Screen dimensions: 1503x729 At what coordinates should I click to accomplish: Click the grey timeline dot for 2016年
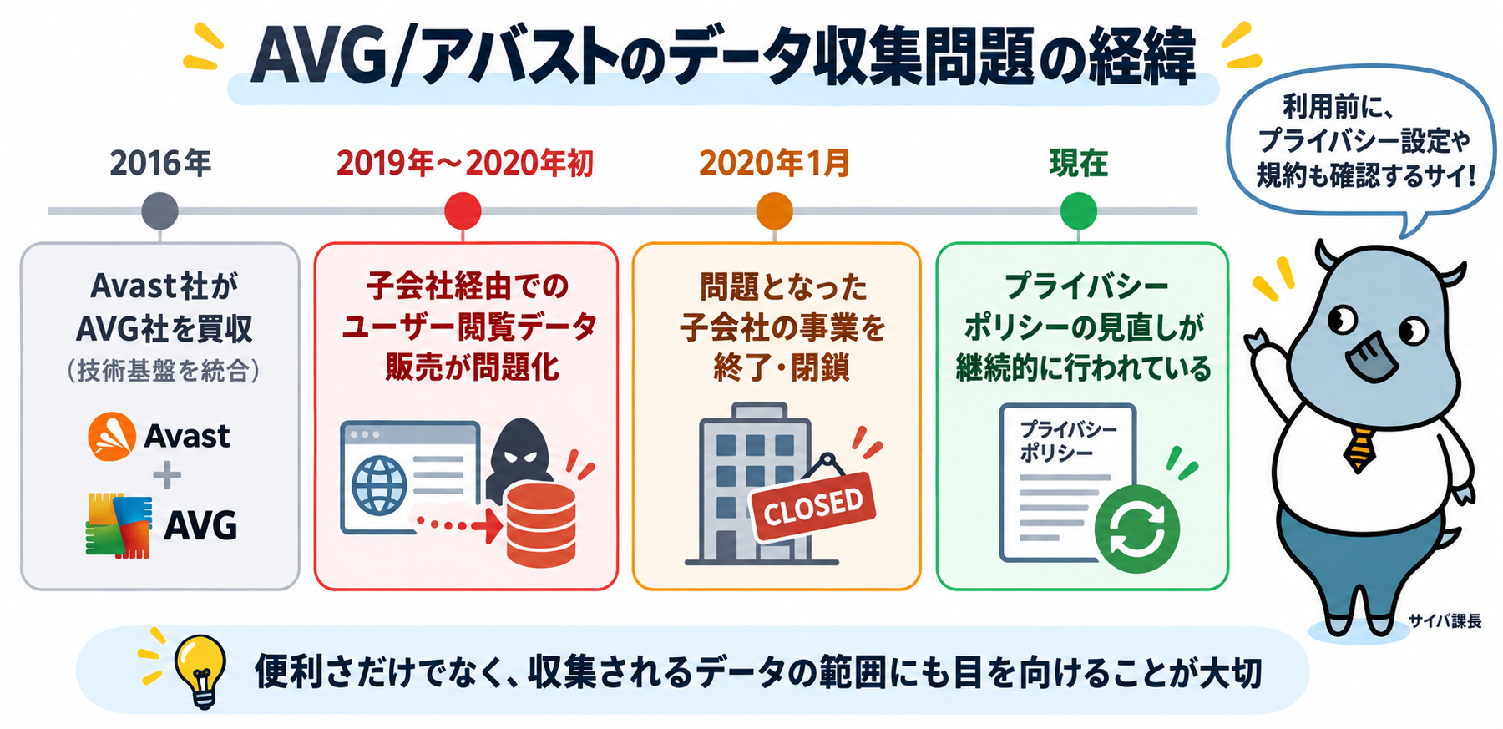tap(159, 210)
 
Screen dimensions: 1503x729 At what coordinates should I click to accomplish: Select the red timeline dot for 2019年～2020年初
tap(463, 210)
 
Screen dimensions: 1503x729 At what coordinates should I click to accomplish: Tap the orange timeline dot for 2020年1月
tap(774, 210)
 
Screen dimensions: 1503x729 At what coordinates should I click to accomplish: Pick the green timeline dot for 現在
tap(1078, 210)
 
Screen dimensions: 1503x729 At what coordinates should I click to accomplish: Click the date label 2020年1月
tap(774, 163)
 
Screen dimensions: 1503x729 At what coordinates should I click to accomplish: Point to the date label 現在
tap(1078, 163)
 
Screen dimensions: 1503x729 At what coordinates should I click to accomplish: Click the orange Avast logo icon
tap(112, 436)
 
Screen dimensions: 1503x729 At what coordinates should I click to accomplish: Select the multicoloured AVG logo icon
tap(119, 525)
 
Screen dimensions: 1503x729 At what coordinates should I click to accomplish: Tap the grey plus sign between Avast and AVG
tap(167, 476)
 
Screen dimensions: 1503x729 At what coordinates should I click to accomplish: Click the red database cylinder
tap(541, 524)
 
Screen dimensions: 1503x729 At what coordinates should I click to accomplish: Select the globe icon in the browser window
tap(379, 485)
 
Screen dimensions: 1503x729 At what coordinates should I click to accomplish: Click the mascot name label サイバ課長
tap(1445, 620)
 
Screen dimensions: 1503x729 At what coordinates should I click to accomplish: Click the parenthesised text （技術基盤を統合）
tap(163, 370)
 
